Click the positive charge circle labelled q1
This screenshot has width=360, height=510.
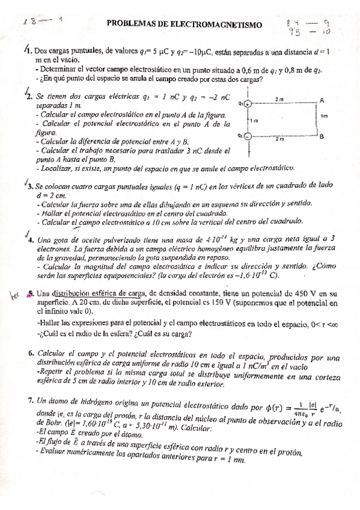coord(248,103)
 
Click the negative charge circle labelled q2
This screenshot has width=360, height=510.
coord(248,137)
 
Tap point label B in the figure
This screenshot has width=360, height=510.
coord(322,137)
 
